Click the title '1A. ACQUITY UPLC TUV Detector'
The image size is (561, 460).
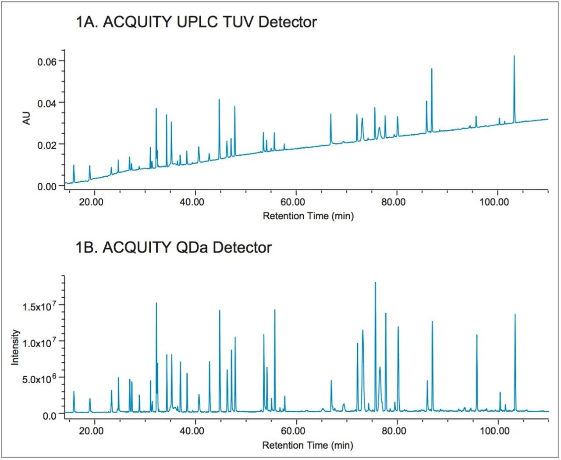[x=196, y=22]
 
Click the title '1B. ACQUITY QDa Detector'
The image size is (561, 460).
[x=174, y=247]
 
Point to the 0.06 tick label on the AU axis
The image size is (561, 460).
[x=47, y=61]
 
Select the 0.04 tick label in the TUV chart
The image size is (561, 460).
[x=47, y=103]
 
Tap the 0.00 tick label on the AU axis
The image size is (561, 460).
[x=47, y=187]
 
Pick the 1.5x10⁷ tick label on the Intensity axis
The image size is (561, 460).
[x=39, y=306]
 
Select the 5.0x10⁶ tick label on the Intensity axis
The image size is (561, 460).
[x=39, y=378]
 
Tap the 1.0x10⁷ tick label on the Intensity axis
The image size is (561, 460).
[x=39, y=342]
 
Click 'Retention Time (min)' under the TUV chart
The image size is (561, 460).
[x=308, y=216]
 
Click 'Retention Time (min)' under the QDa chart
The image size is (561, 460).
[x=308, y=446]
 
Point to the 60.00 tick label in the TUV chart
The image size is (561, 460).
[x=293, y=202]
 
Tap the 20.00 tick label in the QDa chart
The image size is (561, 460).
[x=92, y=431]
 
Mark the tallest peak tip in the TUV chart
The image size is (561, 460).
[x=514, y=56]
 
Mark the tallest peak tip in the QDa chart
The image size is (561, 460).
[x=375, y=283]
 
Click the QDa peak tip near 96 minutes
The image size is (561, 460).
[x=477, y=335]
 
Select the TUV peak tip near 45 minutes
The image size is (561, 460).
[x=219, y=100]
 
